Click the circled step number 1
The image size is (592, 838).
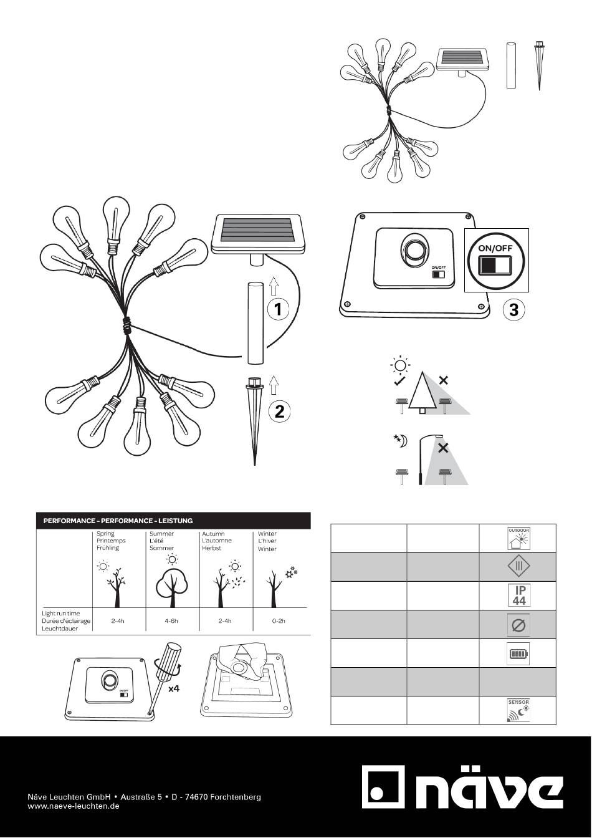278,309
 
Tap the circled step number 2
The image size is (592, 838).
279,412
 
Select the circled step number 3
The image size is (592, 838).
513,310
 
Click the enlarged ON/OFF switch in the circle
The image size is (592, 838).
495,265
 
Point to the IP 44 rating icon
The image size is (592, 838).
518,595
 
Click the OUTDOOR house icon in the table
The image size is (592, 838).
518,538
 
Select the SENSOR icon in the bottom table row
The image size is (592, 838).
518,710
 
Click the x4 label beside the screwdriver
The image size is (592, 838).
174,688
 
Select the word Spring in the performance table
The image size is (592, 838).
105,534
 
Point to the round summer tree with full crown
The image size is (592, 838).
172,590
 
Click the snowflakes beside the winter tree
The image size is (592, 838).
291,572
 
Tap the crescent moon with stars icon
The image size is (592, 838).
400,441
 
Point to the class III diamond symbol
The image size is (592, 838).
518,566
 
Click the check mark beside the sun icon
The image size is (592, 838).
399,382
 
